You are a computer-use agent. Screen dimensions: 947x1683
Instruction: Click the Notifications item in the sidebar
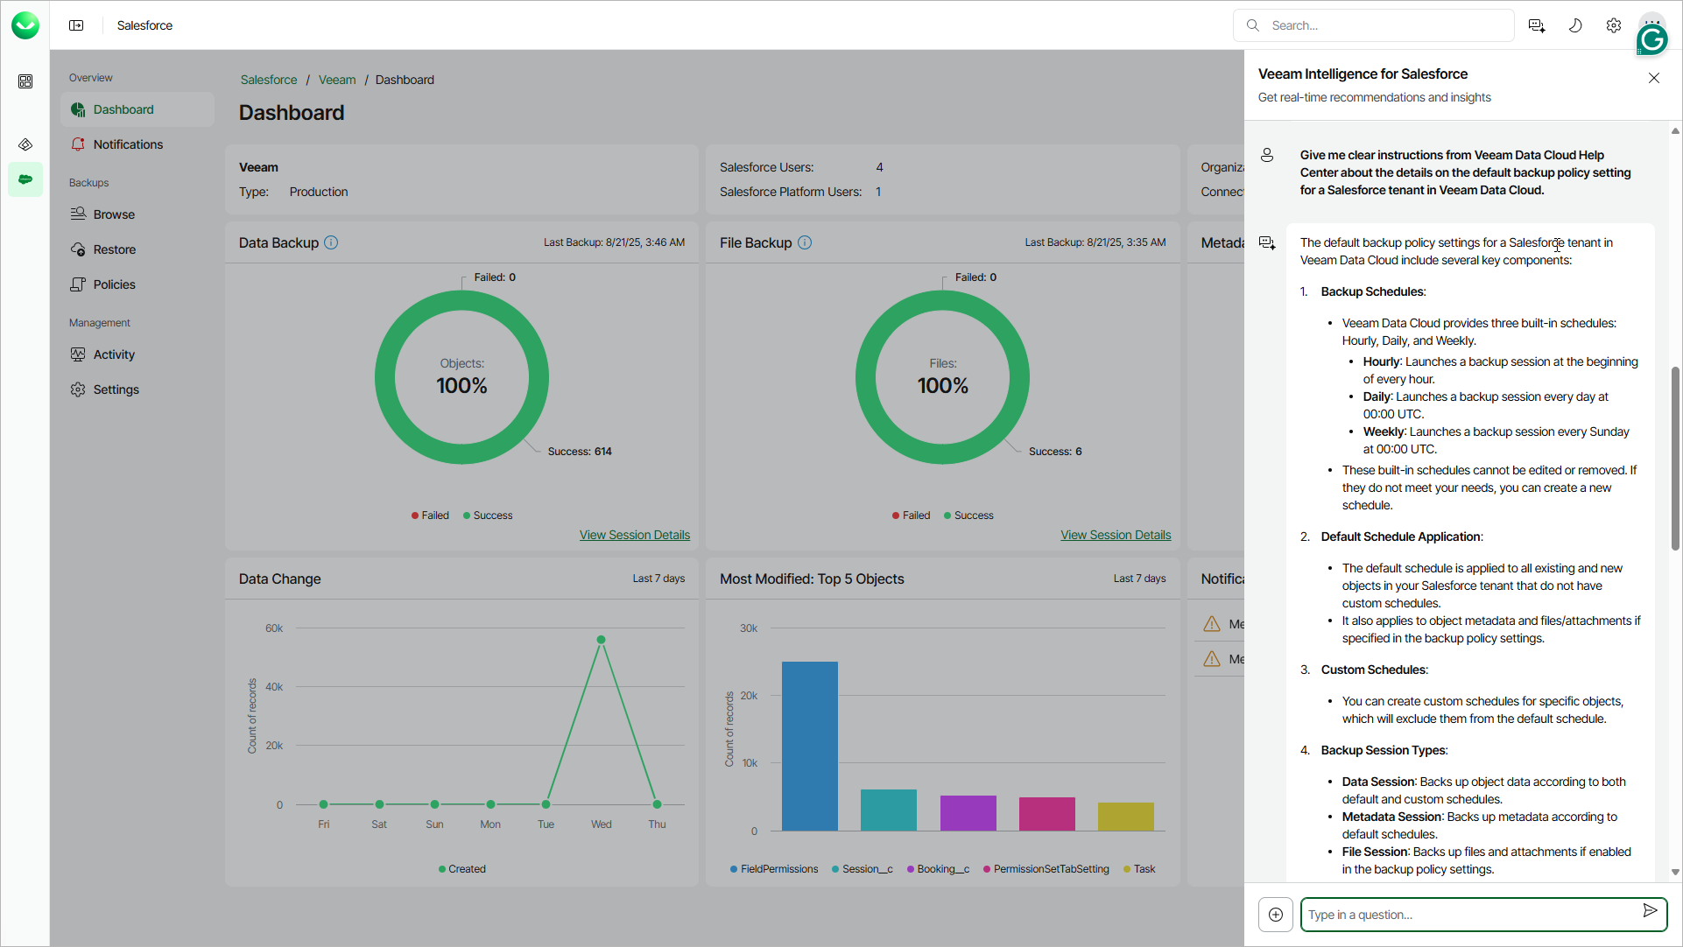point(128,144)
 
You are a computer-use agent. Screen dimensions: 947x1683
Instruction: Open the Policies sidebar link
point(114,284)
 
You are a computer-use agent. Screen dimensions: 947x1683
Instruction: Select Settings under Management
point(116,389)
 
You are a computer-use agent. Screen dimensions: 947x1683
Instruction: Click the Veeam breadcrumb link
point(337,80)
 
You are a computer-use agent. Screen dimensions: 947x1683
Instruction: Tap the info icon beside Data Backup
point(331,242)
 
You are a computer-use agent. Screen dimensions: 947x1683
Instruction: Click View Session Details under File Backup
point(1116,535)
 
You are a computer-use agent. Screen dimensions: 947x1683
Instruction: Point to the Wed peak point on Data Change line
point(601,640)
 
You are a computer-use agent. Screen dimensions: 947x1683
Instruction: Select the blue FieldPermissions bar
point(809,746)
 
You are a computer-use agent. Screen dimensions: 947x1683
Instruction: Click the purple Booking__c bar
point(968,812)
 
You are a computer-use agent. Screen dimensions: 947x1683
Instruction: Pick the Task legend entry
point(1144,869)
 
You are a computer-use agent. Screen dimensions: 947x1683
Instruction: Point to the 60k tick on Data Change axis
point(274,628)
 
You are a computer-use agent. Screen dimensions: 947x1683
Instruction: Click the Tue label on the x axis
point(546,824)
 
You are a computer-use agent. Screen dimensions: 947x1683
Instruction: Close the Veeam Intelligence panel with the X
point(1653,78)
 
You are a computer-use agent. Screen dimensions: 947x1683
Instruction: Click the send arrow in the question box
point(1650,911)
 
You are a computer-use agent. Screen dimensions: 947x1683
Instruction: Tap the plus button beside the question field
point(1276,915)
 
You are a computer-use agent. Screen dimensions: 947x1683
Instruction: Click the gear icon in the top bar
point(1614,25)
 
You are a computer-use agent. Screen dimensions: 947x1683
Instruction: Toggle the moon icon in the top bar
point(1575,25)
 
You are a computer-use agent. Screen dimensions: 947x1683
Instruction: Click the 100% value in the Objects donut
point(461,386)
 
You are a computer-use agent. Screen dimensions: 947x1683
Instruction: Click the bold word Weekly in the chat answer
point(1384,431)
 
